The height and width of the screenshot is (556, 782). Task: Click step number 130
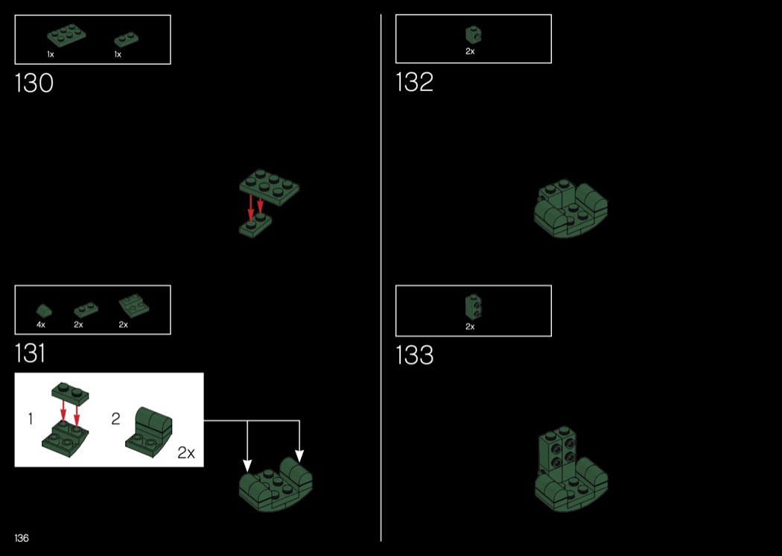[34, 83]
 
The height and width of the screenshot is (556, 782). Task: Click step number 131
[31, 353]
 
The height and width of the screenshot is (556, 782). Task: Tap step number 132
[414, 82]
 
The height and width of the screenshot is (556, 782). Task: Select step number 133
[414, 355]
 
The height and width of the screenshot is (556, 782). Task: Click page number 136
[22, 538]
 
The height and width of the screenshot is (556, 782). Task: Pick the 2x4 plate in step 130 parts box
[66, 34]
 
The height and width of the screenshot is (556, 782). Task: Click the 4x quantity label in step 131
[41, 325]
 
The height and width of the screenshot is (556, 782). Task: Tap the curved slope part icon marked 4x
[44, 311]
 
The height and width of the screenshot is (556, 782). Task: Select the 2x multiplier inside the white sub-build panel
[186, 452]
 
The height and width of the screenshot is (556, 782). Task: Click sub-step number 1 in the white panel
[31, 419]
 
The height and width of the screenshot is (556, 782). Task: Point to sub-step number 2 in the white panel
[115, 419]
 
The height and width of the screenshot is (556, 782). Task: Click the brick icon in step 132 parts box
[473, 35]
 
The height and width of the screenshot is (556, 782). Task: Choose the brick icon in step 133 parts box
[473, 306]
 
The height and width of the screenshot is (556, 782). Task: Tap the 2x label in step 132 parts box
[470, 51]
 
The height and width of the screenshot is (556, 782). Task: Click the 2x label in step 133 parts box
[470, 327]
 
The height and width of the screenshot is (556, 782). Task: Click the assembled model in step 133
[571, 469]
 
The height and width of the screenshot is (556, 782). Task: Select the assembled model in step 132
[571, 209]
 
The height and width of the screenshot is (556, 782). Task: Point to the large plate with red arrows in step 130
[270, 187]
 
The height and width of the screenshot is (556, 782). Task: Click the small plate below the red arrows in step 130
[255, 226]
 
